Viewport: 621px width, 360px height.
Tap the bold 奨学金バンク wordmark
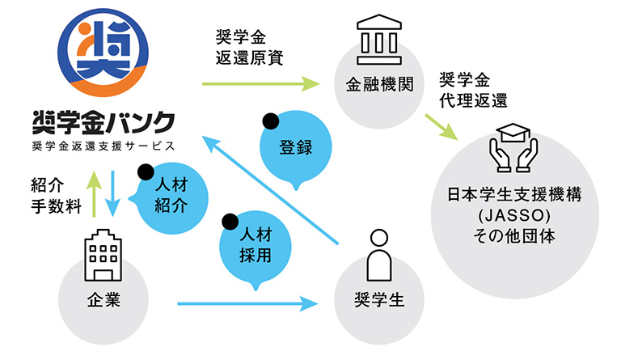103,121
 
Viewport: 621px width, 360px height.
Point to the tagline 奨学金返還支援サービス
103,146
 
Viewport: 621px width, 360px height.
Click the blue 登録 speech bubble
295,148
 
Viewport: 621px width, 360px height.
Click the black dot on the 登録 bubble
271,122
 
